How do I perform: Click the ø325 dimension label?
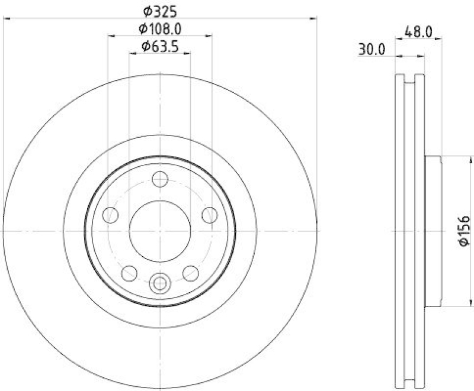(158, 10)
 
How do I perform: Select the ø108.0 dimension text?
(159, 28)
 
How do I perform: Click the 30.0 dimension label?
(371, 50)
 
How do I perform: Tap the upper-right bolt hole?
(209, 215)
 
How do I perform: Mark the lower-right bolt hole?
(190, 273)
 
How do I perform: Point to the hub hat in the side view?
(434, 231)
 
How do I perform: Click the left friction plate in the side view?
(399, 231)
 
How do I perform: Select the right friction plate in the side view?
(419, 231)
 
